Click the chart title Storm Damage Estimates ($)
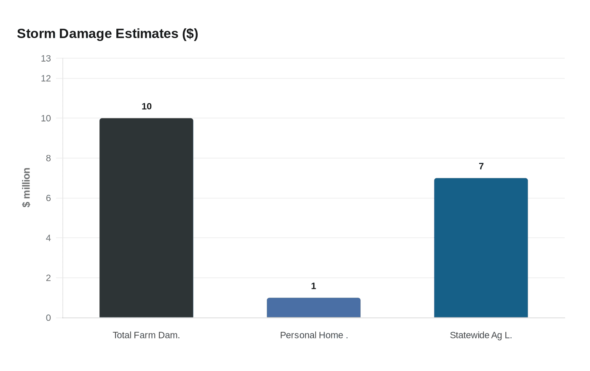coord(107,34)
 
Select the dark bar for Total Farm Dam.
coord(146,218)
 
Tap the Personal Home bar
coord(314,308)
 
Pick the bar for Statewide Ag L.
coord(481,248)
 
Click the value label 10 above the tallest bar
coord(147,107)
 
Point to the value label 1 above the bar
coord(314,286)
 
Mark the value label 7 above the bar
coord(481,167)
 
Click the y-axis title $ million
coord(26,188)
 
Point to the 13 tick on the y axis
coord(46,59)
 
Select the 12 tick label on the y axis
coord(46,78)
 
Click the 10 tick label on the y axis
coord(46,118)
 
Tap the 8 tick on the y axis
coord(48,159)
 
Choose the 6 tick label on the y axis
coord(48,198)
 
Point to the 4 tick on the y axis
coord(48,238)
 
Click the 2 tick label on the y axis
coord(48,278)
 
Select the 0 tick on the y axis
coord(48,318)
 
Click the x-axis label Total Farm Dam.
coord(146,335)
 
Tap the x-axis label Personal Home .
coord(314,335)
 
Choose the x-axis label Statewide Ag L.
coord(481,335)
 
